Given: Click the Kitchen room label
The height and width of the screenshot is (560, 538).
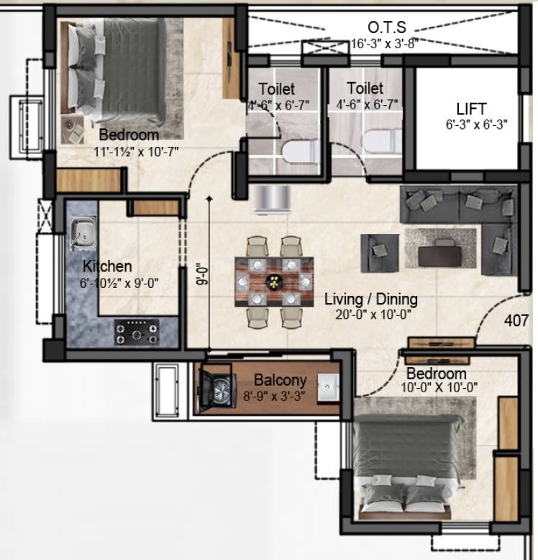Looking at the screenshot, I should click(106, 266).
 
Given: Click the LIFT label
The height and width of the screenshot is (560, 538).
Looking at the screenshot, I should click(471, 109).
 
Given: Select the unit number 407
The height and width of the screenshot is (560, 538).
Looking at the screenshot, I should click(516, 321).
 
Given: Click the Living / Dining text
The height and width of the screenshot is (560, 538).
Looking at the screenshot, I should click(370, 299).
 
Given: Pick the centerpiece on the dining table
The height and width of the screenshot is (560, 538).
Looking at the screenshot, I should click(275, 281).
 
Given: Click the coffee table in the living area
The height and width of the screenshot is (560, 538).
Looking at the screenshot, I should click(439, 253).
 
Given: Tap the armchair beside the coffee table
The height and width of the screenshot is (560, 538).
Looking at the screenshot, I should click(380, 252).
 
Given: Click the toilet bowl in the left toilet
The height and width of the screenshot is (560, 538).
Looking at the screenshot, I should click(299, 153).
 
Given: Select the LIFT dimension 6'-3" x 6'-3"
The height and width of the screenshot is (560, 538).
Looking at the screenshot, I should click(475, 124).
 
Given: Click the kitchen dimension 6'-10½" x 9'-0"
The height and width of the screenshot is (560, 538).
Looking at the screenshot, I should click(119, 283).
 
